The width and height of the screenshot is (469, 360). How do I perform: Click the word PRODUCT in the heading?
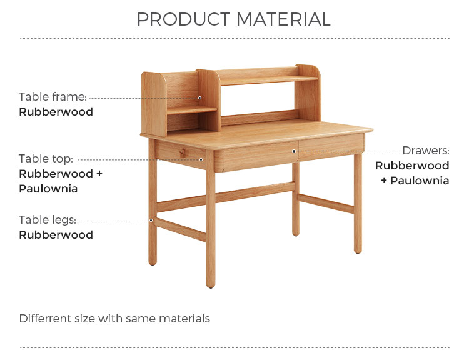point(184,19)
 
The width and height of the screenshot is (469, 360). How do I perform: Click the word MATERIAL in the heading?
point(283,19)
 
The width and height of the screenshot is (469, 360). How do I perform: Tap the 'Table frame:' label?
point(53,97)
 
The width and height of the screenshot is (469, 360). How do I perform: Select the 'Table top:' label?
point(46,159)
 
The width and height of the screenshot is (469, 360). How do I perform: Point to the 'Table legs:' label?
point(48,220)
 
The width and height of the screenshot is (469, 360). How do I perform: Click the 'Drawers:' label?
point(426,151)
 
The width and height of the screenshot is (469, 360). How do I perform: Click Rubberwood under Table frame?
point(56,112)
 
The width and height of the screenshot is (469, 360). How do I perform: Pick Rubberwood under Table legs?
point(56,235)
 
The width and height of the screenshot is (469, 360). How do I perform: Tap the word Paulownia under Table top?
point(48,189)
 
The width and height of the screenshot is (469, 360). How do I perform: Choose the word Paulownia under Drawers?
point(420,181)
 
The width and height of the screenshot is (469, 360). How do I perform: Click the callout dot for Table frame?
point(199,97)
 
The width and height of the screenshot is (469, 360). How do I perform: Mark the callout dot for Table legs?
point(151,221)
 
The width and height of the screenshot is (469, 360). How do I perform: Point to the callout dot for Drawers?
point(294,151)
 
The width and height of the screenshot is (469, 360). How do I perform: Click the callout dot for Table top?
point(201,159)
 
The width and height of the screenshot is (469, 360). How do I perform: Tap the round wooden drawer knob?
point(182,153)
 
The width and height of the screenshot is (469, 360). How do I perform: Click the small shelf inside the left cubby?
point(192,110)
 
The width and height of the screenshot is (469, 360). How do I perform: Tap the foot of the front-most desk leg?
point(211,284)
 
